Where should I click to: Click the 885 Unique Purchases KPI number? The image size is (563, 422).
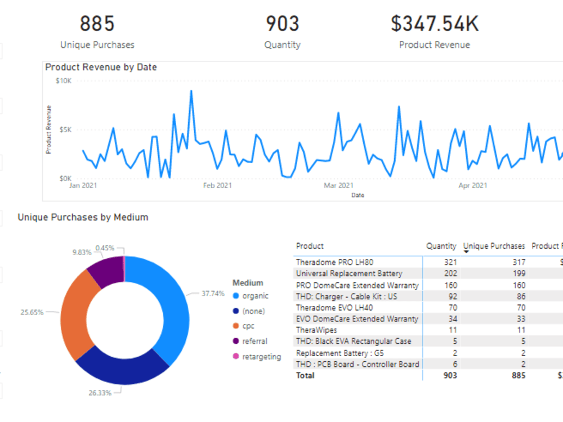(x=97, y=24)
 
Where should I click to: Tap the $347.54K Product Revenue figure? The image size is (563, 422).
(x=434, y=24)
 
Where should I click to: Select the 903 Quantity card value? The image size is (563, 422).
(x=282, y=24)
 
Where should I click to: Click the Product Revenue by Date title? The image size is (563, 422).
(x=101, y=67)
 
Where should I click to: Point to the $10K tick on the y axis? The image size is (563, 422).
(x=63, y=81)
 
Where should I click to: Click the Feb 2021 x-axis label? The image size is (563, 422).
(x=217, y=185)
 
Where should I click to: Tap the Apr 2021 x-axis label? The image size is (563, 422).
(x=472, y=185)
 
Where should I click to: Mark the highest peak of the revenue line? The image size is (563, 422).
(x=191, y=91)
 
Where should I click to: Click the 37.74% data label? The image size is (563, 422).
(x=213, y=294)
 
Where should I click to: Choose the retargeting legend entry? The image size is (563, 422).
(x=261, y=357)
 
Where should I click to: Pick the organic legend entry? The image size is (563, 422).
(x=255, y=296)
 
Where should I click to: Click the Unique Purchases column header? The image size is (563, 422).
(x=494, y=246)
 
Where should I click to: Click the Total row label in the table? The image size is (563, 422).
(x=305, y=375)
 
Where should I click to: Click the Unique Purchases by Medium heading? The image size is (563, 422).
(x=83, y=217)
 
